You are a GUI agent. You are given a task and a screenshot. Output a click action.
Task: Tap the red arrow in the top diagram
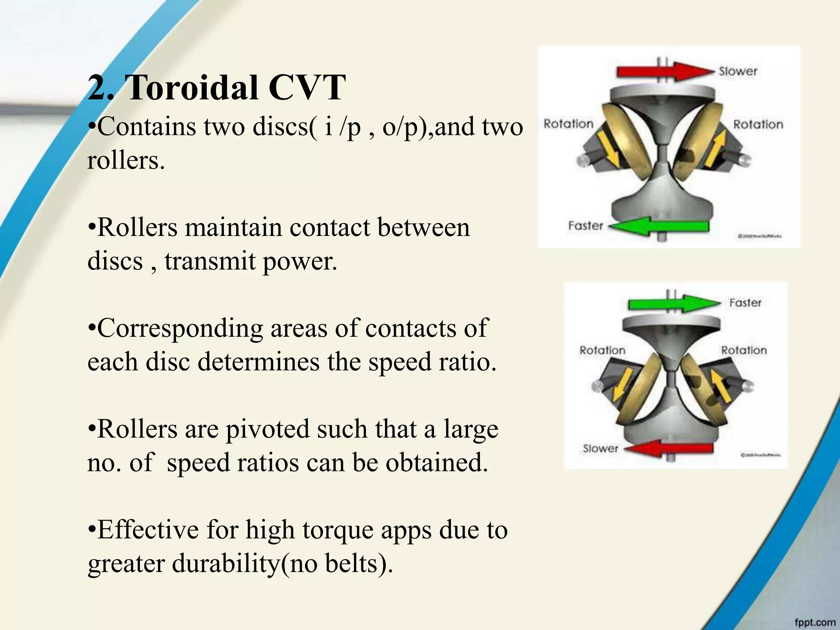pyautogui.click(x=665, y=71)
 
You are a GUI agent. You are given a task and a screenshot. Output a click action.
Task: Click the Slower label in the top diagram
pyautogui.click(x=737, y=71)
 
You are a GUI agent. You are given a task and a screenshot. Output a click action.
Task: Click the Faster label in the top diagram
pyautogui.click(x=585, y=226)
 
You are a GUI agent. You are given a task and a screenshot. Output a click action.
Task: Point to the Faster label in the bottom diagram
pyautogui.click(x=745, y=303)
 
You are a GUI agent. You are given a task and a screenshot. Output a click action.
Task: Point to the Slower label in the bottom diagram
pyautogui.click(x=600, y=448)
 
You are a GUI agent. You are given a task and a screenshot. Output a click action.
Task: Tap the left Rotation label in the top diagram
pyautogui.click(x=568, y=123)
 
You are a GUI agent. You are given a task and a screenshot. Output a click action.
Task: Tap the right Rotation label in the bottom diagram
pyautogui.click(x=744, y=350)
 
